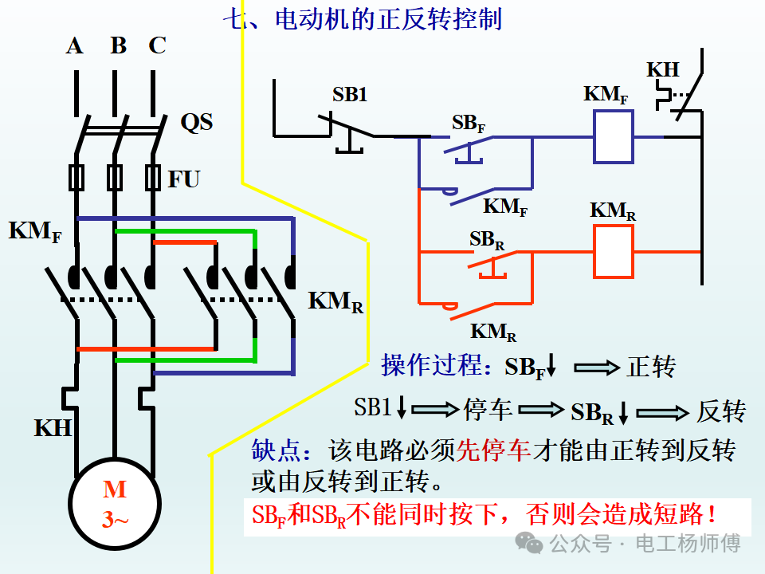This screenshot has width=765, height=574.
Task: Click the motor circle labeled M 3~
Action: pyautogui.click(x=115, y=504)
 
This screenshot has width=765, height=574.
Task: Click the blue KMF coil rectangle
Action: pyautogui.click(x=614, y=136)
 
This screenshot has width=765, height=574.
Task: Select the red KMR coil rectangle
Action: pyautogui.click(x=614, y=251)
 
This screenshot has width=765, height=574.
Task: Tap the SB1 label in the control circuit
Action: pyautogui.click(x=349, y=95)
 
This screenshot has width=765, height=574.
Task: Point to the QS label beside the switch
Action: pyautogui.click(x=197, y=122)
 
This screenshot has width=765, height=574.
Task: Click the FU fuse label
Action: pyautogui.click(x=184, y=179)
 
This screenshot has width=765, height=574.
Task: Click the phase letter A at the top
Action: pyautogui.click(x=75, y=46)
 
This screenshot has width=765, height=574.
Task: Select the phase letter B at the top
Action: pyautogui.click(x=119, y=45)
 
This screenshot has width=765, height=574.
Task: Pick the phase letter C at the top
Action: pyautogui.click(x=157, y=45)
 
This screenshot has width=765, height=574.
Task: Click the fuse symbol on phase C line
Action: pyautogui.click(x=153, y=177)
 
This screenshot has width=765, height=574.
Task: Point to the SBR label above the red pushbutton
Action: pyautogui.click(x=486, y=240)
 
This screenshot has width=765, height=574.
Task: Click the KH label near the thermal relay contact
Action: pyautogui.click(x=663, y=70)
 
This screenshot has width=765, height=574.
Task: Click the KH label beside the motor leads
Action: pyautogui.click(x=53, y=428)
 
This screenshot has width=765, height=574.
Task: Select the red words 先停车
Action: pyautogui.click(x=493, y=450)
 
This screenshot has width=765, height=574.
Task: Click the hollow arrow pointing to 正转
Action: pyautogui.click(x=597, y=367)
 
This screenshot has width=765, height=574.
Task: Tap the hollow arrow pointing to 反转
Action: pyautogui.click(x=662, y=413)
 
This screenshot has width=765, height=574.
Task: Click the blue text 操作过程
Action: pyautogui.click(x=431, y=365)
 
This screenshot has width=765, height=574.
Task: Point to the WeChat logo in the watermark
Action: pyautogui.click(x=529, y=543)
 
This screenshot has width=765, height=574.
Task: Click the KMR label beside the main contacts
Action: pyautogui.click(x=335, y=301)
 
